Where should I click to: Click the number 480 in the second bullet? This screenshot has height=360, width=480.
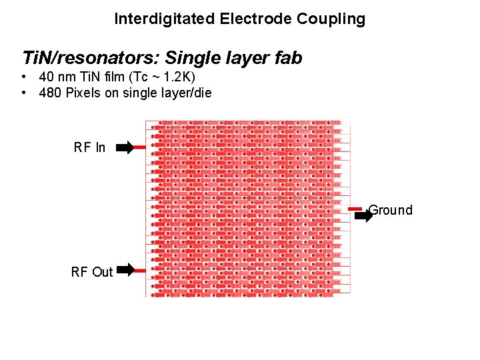tap(51, 93)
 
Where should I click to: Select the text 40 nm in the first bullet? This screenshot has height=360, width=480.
tap(56, 77)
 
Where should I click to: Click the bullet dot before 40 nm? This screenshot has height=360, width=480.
tap(23, 77)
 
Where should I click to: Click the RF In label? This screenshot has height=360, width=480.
tap(89, 147)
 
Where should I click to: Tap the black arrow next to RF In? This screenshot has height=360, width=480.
tap(125, 147)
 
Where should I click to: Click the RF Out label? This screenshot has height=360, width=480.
tap(92, 271)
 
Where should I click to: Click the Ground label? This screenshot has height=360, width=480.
tap(391, 211)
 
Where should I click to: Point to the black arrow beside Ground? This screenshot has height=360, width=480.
tap(363, 216)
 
